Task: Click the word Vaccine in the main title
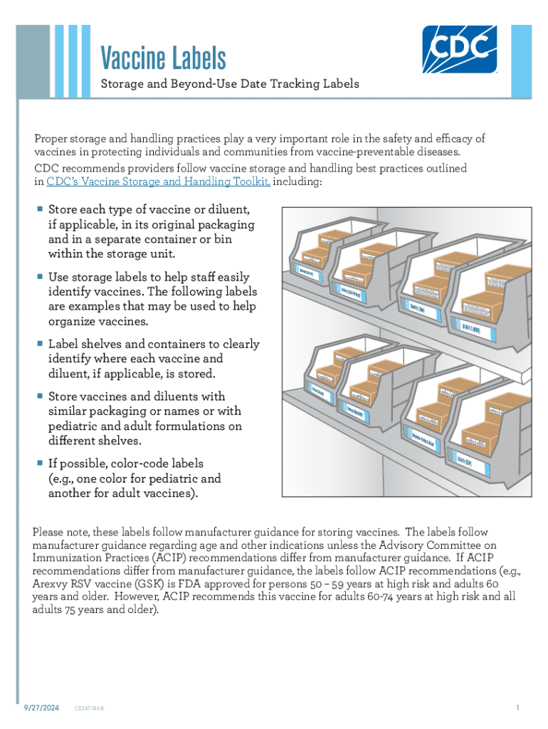pyautogui.click(x=135, y=58)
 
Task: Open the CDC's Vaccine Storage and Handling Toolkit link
pyautogui.click(x=157, y=182)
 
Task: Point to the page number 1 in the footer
pyautogui.click(x=519, y=708)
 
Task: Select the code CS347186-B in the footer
pyautogui.click(x=91, y=709)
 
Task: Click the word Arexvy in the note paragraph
pyautogui.click(x=50, y=584)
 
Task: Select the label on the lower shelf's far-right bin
pyautogui.click(x=471, y=459)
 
